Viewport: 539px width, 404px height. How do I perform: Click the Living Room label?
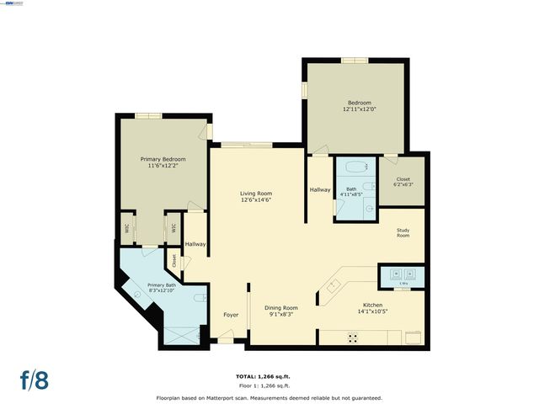pos(256,196)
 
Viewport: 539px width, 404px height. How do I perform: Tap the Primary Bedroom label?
pos(163,162)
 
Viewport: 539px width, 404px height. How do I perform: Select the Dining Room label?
pos(281,311)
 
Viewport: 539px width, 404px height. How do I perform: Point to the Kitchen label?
pos(372,308)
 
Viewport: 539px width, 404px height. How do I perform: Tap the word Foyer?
pos(230,315)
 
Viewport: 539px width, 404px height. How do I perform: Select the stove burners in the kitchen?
pos(354,337)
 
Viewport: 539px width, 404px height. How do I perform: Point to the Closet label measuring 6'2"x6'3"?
pos(403,182)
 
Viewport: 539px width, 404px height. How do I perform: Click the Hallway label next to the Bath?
pos(319,190)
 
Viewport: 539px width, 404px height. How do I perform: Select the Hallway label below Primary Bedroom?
pos(195,244)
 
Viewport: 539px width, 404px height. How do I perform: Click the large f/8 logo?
pos(35,379)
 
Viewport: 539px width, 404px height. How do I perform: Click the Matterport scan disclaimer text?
pos(269,397)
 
